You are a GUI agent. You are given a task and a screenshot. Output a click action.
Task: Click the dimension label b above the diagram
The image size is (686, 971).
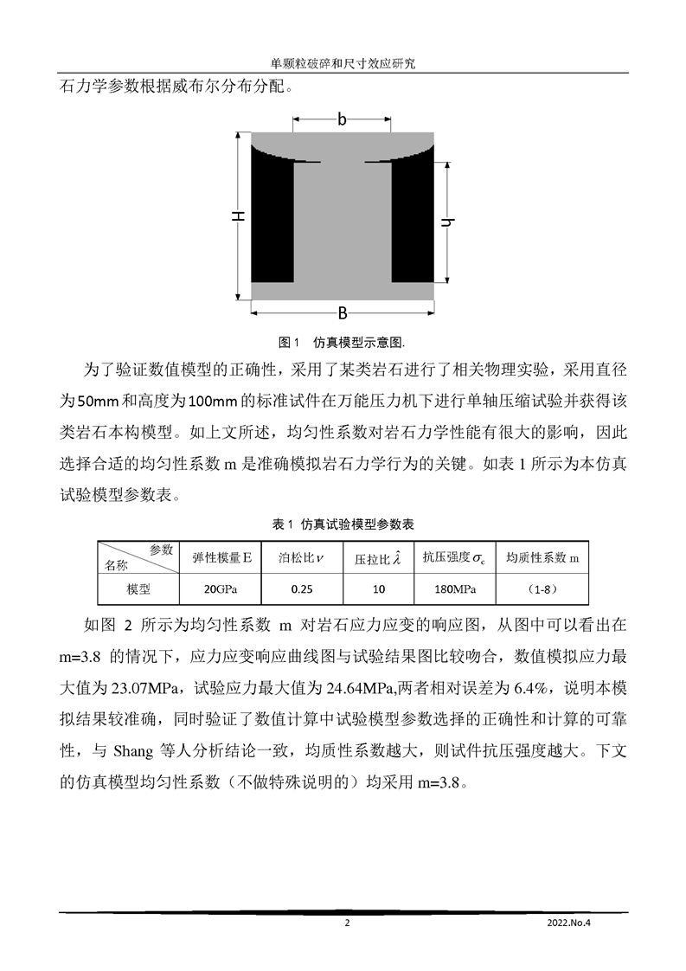pyautogui.click(x=342, y=120)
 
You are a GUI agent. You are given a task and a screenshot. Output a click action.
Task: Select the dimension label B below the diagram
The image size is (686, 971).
pyautogui.click(x=342, y=312)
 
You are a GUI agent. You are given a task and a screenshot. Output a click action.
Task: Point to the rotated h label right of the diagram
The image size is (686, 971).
pyautogui.click(x=446, y=222)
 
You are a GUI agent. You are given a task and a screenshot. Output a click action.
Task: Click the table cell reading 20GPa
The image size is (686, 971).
pyautogui.click(x=219, y=589)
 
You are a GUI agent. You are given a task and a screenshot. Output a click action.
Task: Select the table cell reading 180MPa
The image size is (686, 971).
pyautogui.click(x=453, y=589)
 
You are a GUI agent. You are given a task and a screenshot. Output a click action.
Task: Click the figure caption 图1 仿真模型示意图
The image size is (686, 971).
pyautogui.click(x=343, y=339)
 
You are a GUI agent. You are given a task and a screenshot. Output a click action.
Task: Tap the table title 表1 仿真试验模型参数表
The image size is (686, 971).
pyautogui.click(x=343, y=524)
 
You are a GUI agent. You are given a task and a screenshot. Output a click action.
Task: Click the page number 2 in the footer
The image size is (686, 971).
pyautogui.click(x=347, y=923)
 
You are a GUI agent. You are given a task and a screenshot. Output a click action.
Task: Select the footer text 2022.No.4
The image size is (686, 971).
pyautogui.click(x=574, y=923)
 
